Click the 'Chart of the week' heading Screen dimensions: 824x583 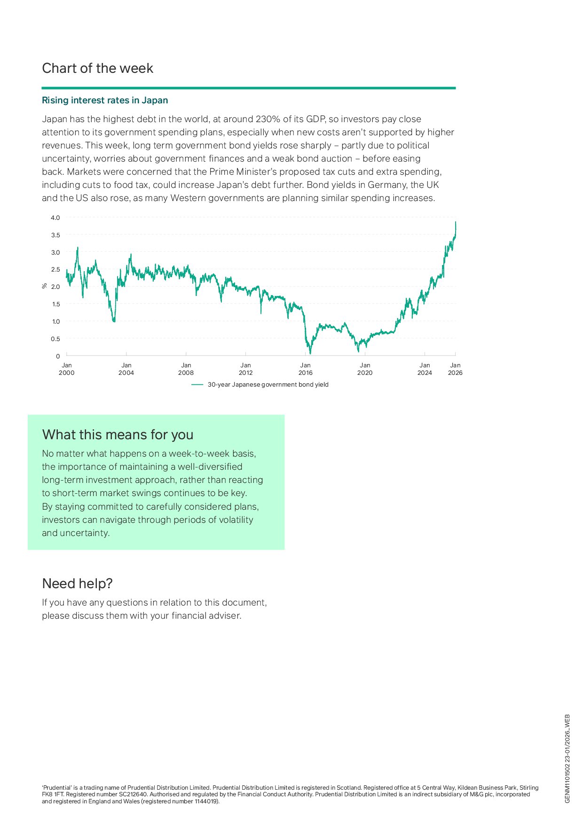click(97, 69)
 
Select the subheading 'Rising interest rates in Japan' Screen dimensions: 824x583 click(105, 101)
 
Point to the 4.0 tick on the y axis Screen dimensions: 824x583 click(55, 218)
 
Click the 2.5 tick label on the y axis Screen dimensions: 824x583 click(55, 270)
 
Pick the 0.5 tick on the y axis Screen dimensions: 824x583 click(55, 339)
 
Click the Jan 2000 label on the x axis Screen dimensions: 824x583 click(67, 369)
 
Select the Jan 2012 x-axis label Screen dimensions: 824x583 click(245, 369)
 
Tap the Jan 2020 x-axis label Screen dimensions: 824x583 click(365, 369)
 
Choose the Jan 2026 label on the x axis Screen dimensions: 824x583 click(455, 369)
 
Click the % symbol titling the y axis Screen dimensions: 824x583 click(45, 286)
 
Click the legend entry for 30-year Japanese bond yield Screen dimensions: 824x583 click(268, 385)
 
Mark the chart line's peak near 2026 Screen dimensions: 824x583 click(456, 222)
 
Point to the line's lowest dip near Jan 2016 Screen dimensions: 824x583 click(310, 353)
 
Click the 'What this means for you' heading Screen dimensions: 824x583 click(118, 435)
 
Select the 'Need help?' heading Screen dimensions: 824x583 click(77, 584)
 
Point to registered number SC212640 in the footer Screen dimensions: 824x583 click(133, 794)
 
